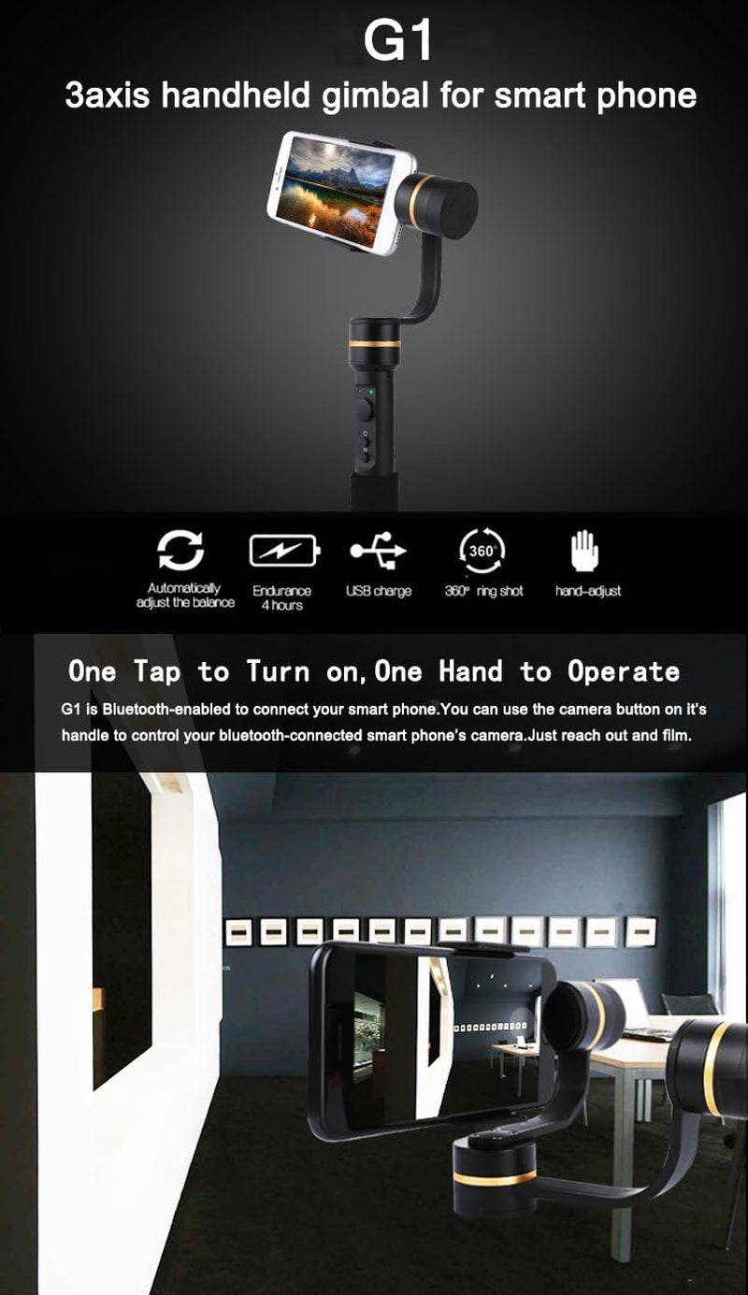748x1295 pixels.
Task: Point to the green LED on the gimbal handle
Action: coord(371,391)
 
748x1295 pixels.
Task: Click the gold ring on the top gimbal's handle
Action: coord(375,345)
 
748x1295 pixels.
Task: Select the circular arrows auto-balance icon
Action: coord(180,551)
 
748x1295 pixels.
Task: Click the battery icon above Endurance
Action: coord(283,552)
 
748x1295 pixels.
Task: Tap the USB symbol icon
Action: coord(378,552)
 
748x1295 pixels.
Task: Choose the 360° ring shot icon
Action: coord(482,552)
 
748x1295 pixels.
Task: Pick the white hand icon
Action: coord(585,552)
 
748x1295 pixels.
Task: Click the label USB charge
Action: coord(378,591)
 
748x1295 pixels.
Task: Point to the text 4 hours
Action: coord(281,605)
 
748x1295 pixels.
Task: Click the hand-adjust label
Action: coord(587,591)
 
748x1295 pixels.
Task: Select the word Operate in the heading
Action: coord(623,671)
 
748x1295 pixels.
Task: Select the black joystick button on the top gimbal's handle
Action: coord(363,410)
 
